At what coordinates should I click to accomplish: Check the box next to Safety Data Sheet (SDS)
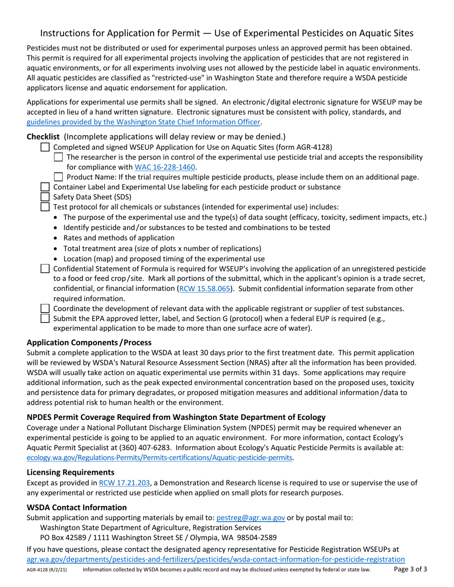point(45,197)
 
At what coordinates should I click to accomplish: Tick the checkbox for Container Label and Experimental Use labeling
point(45,187)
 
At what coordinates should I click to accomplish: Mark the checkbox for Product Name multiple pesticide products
point(58,177)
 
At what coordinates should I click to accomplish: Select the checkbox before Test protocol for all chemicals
point(45,207)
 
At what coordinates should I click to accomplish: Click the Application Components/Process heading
point(89,342)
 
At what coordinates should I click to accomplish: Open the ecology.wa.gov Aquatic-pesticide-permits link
point(160,457)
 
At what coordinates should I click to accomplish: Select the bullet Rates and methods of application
point(119,238)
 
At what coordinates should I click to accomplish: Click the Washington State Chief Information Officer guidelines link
point(143,122)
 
